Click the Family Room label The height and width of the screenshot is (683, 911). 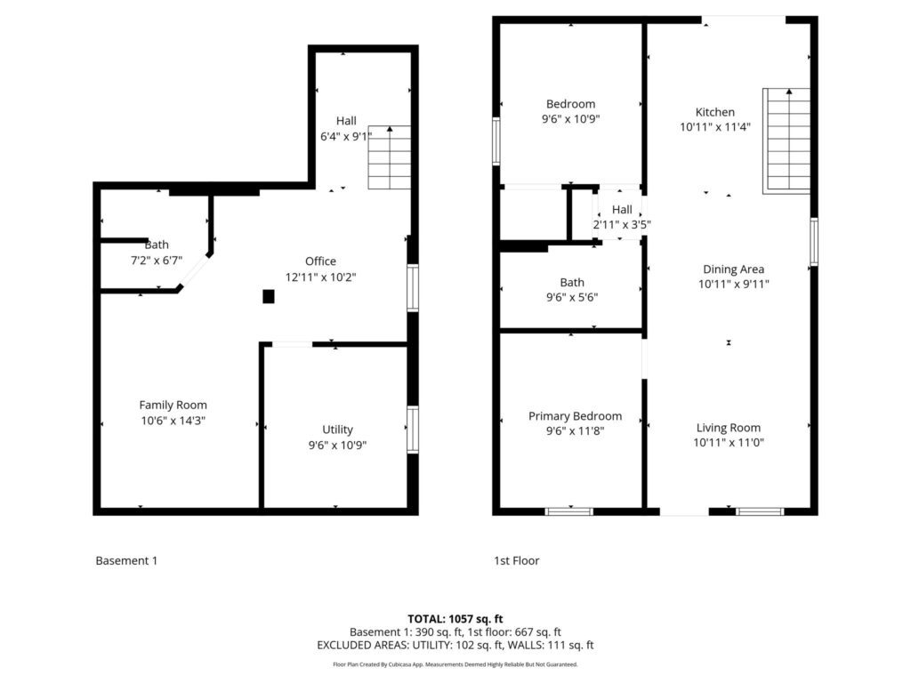(x=173, y=405)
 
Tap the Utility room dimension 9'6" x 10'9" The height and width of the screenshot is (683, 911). (x=337, y=445)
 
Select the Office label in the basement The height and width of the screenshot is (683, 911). (x=320, y=261)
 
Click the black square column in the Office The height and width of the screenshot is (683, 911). (x=269, y=297)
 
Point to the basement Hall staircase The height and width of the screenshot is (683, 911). (x=390, y=157)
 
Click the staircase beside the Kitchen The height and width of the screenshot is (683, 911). (x=786, y=141)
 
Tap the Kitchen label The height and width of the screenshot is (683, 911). (x=715, y=112)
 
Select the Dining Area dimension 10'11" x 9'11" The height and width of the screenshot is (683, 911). (x=734, y=284)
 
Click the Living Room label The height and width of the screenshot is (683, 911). (x=729, y=428)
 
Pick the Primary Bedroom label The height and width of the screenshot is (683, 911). (x=576, y=416)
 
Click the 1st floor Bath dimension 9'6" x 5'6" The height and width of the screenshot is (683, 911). (x=572, y=297)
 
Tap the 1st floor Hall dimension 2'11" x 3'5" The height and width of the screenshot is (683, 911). (x=622, y=225)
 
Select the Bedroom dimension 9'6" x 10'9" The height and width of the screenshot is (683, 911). (x=570, y=119)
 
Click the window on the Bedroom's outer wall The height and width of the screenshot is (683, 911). (x=496, y=141)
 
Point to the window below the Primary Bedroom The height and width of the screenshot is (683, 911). (x=569, y=511)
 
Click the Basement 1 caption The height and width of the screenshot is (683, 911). (x=126, y=560)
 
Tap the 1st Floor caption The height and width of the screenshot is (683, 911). (x=517, y=560)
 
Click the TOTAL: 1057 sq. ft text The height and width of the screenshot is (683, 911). (x=455, y=619)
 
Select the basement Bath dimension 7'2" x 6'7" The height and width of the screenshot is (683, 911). (x=157, y=261)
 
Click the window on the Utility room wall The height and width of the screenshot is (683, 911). (x=413, y=430)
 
